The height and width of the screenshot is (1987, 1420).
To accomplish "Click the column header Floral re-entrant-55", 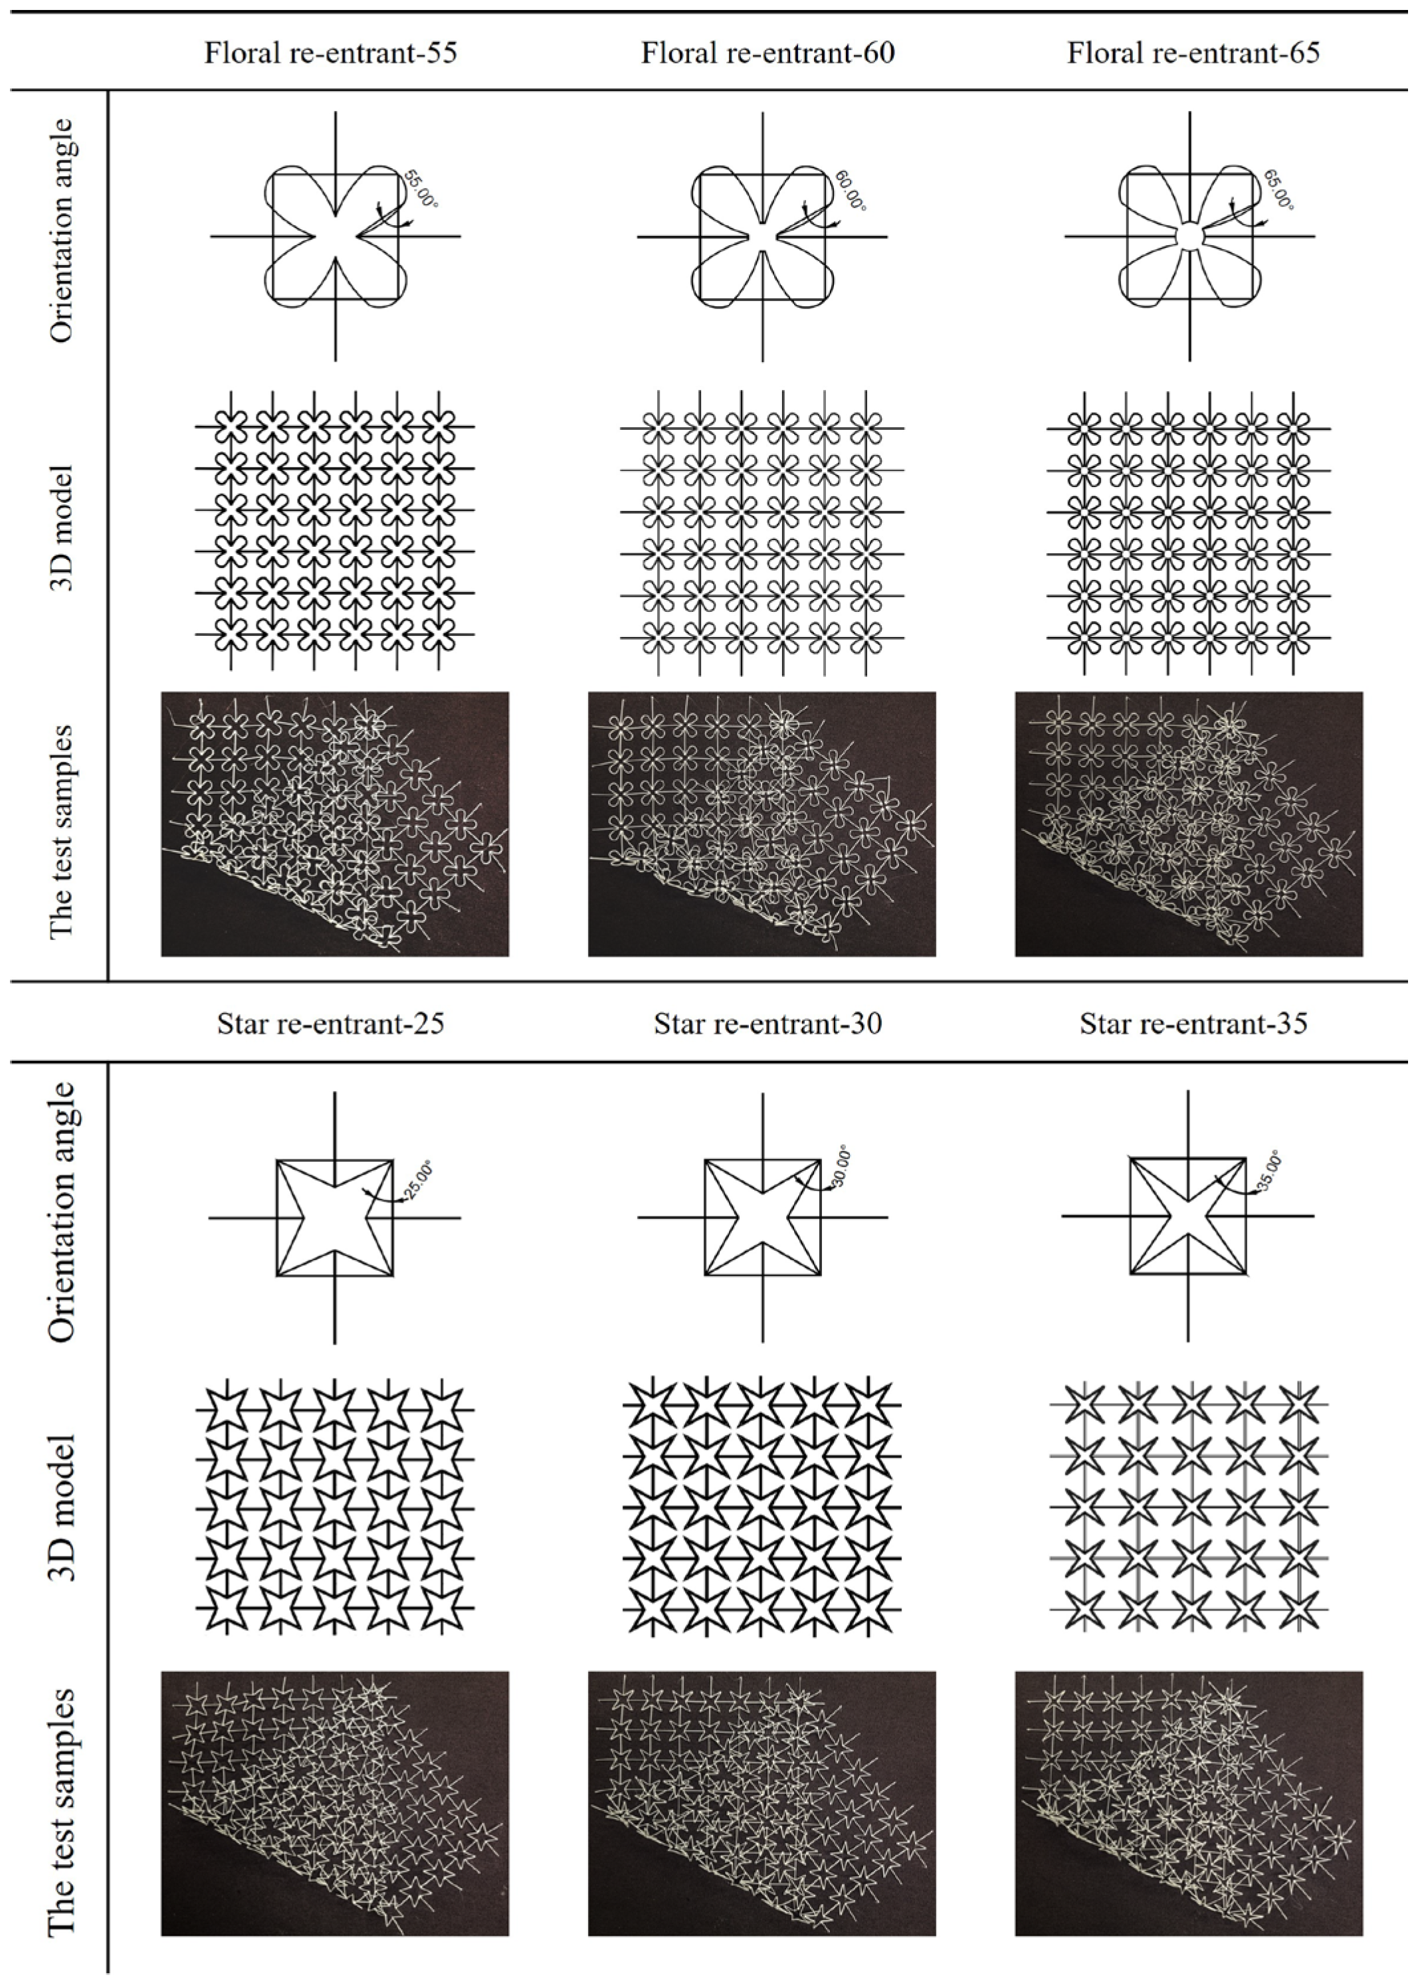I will point(330,53).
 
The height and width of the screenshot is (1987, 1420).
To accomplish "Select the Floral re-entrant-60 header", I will point(767,53).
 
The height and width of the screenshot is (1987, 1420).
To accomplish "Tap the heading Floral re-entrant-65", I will point(1193,53).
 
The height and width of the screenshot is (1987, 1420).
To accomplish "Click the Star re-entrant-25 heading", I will point(330,1023).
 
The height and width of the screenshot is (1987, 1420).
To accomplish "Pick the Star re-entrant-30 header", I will point(767,1023).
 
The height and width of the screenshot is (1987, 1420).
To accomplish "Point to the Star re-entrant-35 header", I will point(1193,1023).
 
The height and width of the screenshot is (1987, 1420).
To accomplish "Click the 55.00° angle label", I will point(420,189).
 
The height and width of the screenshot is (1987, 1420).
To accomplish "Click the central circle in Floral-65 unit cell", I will point(1189,236).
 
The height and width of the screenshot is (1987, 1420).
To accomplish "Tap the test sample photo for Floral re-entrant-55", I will point(334,824).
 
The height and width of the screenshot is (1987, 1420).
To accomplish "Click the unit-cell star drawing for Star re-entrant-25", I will point(335,1217).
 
